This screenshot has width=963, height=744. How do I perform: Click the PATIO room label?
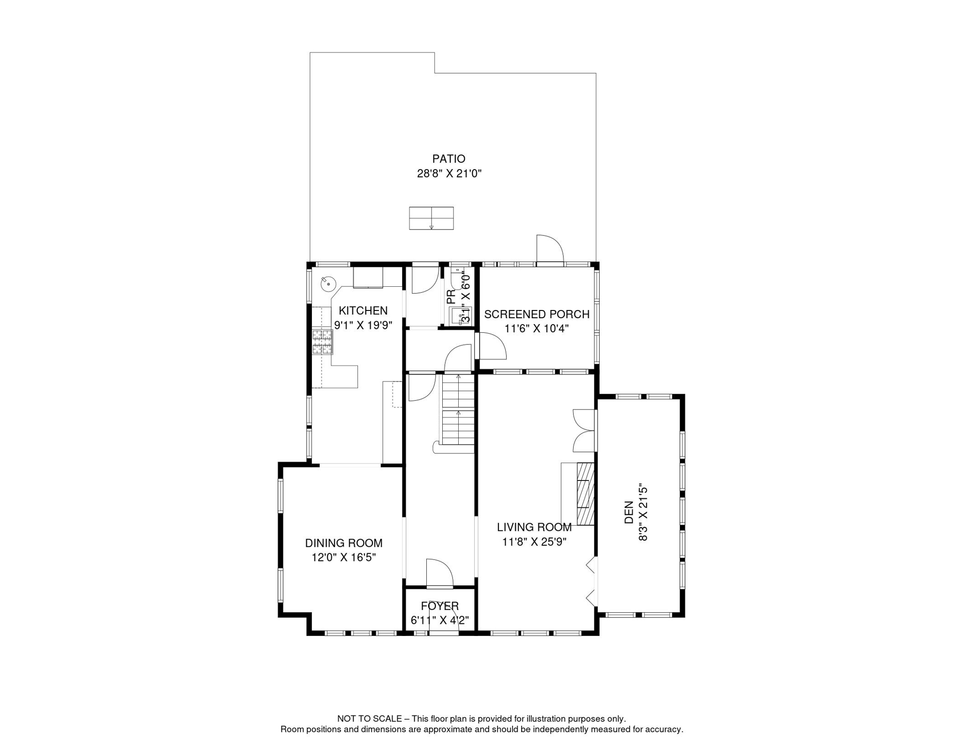click(449, 159)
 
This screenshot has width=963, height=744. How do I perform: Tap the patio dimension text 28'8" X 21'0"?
click(449, 173)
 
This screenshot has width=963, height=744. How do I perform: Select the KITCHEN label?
click(363, 310)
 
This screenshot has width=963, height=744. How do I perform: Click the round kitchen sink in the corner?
click(328, 283)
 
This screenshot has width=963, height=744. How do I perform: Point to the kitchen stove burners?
click(322, 342)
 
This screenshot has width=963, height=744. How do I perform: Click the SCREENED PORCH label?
click(537, 314)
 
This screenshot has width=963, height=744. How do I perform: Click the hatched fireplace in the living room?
click(585, 494)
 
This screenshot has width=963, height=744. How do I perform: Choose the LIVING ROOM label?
click(534, 527)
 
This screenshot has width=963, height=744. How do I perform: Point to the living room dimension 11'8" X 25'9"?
click(534, 542)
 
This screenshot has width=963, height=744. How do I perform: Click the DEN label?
click(629, 512)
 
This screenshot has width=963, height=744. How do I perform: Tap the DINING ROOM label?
click(343, 543)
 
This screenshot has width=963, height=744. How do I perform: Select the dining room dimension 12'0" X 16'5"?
click(343, 558)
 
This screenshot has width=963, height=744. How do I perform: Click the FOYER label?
click(439, 606)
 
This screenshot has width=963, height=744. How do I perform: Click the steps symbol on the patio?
click(431, 218)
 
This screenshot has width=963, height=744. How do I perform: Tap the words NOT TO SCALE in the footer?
click(370, 719)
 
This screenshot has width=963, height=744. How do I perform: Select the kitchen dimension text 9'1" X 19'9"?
click(363, 325)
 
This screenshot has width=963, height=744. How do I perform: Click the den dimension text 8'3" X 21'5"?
click(643, 512)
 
